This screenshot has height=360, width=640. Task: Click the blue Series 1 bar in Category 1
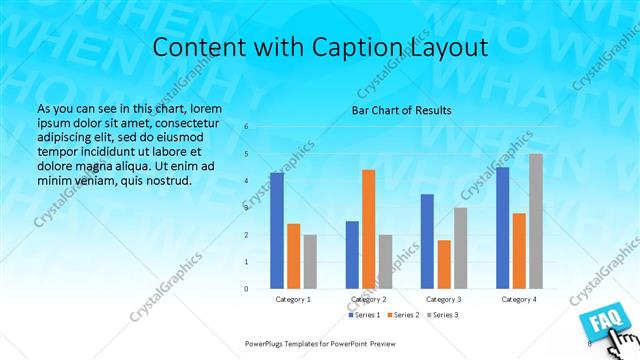coord(277,230)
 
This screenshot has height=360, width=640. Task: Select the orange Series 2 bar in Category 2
coord(369,229)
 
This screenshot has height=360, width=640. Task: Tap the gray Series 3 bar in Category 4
coord(536,221)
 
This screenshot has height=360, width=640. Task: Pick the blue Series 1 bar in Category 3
coord(427,241)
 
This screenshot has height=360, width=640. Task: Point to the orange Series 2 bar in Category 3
coord(444,264)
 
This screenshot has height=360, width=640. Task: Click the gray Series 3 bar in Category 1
coord(310,261)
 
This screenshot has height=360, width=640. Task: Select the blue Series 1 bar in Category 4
coord(503,227)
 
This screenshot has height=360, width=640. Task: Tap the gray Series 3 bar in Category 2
coord(386,261)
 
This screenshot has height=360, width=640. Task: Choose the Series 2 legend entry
coord(403,315)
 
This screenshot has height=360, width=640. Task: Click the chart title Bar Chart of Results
coord(401,110)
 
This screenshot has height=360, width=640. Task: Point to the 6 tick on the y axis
coord(247,127)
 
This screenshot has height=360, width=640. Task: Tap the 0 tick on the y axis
coord(247,289)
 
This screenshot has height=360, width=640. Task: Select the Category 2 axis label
coord(369,299)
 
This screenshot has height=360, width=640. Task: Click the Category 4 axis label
coord(519,299)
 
